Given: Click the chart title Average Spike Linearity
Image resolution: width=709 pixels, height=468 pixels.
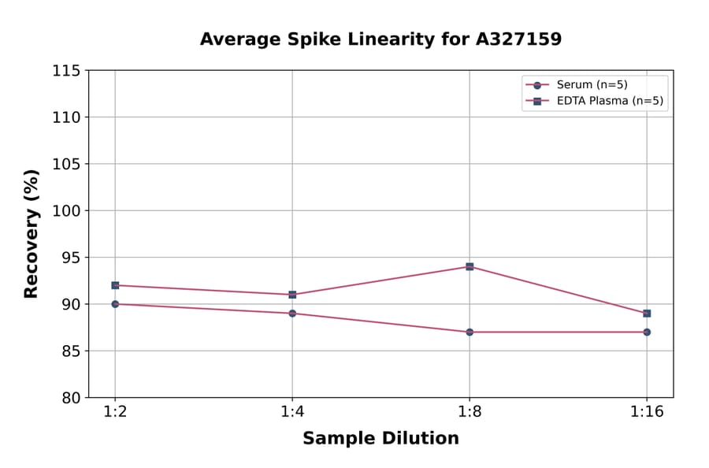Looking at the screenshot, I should pos(380,39).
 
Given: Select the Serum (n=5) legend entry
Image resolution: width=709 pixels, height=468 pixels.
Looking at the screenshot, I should pos(592,85).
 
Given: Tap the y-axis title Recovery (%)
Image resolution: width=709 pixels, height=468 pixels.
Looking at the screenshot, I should pos(32,234).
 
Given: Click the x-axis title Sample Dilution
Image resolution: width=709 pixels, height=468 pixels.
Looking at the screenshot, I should pos(380,439).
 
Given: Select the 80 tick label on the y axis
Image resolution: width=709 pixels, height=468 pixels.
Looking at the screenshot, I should pos(71,398).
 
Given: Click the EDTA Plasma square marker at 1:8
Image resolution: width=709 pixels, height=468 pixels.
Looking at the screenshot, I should pos(470,267).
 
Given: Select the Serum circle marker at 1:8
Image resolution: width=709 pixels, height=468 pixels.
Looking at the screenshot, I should pos(470,332).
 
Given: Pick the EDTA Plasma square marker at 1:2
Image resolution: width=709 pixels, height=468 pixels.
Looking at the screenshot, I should pos(115,285).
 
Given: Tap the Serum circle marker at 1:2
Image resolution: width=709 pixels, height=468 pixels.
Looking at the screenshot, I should pos(115,304).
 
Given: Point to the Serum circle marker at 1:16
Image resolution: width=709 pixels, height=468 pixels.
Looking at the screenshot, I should pos(647,332).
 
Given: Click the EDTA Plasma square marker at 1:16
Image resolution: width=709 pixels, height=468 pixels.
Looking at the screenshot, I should pos(647,314).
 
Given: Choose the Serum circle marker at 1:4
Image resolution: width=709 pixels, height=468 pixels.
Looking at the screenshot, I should pos(292,314).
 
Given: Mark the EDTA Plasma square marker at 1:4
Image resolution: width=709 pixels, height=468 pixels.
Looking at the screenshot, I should pos(292,295).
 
